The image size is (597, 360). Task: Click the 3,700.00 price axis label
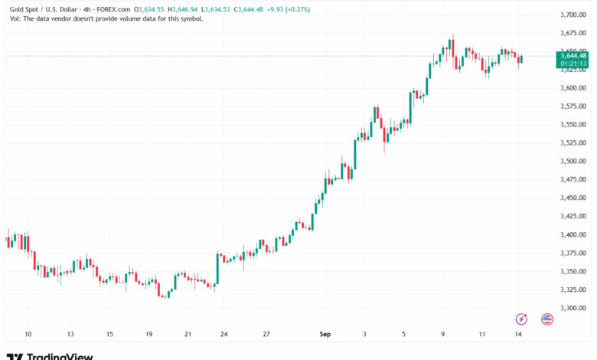pyautogui.click(x=573, y=15)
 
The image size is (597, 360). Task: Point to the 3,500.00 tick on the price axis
pyautogui.click(x=573, y=161)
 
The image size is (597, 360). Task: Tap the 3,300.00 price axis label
pyautogui.click(x=573, y=308)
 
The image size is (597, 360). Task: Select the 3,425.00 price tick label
pyautogui.click(x=573, y=216)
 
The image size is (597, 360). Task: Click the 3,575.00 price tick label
pyautogui.click(x=573, y=106)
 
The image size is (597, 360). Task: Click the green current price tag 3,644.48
pyautogui.click(x=573, y=55)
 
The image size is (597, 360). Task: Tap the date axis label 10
pyautogui.click(x=28, y=334)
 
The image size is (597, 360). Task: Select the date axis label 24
pyautogui.click(x=223, y=334)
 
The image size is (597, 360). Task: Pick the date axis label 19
pyautogui.click(x=149, y=334)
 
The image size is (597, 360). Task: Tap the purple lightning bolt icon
pyautogui.click(x=522, y=319)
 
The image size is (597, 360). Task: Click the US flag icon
pyautogui.click(x=547, y=319)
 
